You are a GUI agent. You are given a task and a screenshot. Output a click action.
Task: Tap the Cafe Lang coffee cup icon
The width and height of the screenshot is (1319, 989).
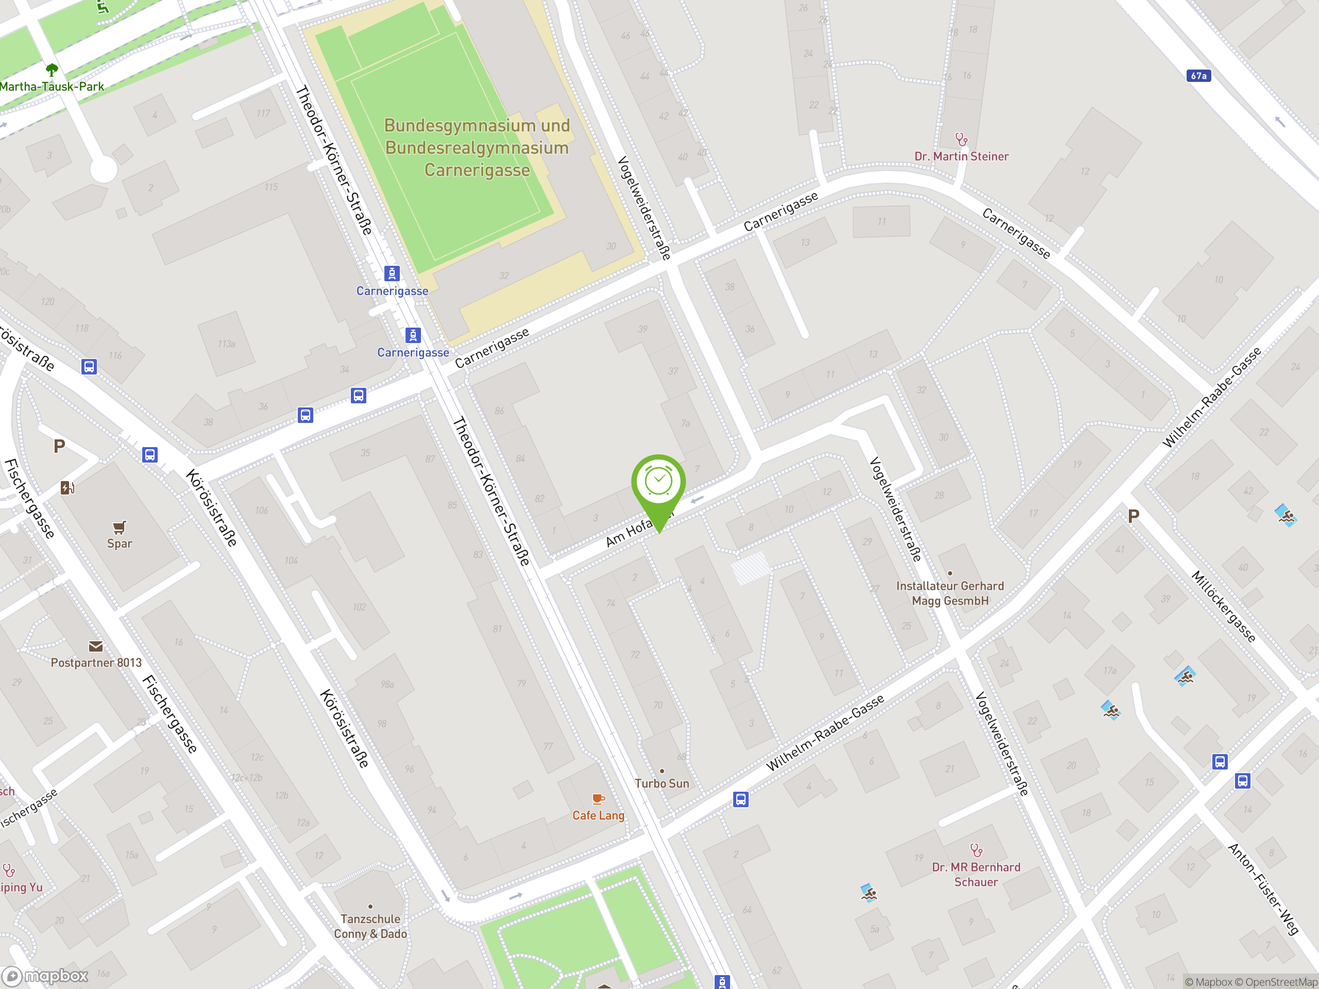click(x=598, y=799)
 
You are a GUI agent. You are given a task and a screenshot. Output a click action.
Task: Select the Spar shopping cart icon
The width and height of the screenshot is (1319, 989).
click(x=119, y=527)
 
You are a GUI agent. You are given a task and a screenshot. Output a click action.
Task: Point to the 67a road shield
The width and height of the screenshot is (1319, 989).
click(x=1198, y=76)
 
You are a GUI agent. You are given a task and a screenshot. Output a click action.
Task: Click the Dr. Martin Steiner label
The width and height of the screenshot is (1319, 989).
click(x=961, y=156)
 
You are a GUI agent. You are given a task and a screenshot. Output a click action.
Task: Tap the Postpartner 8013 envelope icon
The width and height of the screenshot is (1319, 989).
click(x=95, y=646)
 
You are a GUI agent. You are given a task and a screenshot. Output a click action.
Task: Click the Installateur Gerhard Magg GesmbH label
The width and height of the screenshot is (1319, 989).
click(x=950, y=593)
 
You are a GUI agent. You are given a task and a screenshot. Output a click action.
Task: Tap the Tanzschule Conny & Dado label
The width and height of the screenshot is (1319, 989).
click(x=370, y=926)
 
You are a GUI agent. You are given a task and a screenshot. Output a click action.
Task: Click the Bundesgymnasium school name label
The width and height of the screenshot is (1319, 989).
click(x=477, y=148)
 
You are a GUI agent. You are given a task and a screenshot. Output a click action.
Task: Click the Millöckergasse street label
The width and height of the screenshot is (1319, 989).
click(x=1224, y=606)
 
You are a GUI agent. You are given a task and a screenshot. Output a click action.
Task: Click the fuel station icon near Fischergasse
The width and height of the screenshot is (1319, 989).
click(x=67, y=488)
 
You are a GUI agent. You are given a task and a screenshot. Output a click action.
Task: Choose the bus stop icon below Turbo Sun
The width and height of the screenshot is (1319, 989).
click(x=740, y=799)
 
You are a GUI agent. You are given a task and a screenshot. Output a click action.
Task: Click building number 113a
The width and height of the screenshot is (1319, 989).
click(x=226, y=344)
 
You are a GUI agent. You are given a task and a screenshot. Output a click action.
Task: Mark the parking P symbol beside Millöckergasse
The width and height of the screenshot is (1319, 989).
click(x=1134, y=516)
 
